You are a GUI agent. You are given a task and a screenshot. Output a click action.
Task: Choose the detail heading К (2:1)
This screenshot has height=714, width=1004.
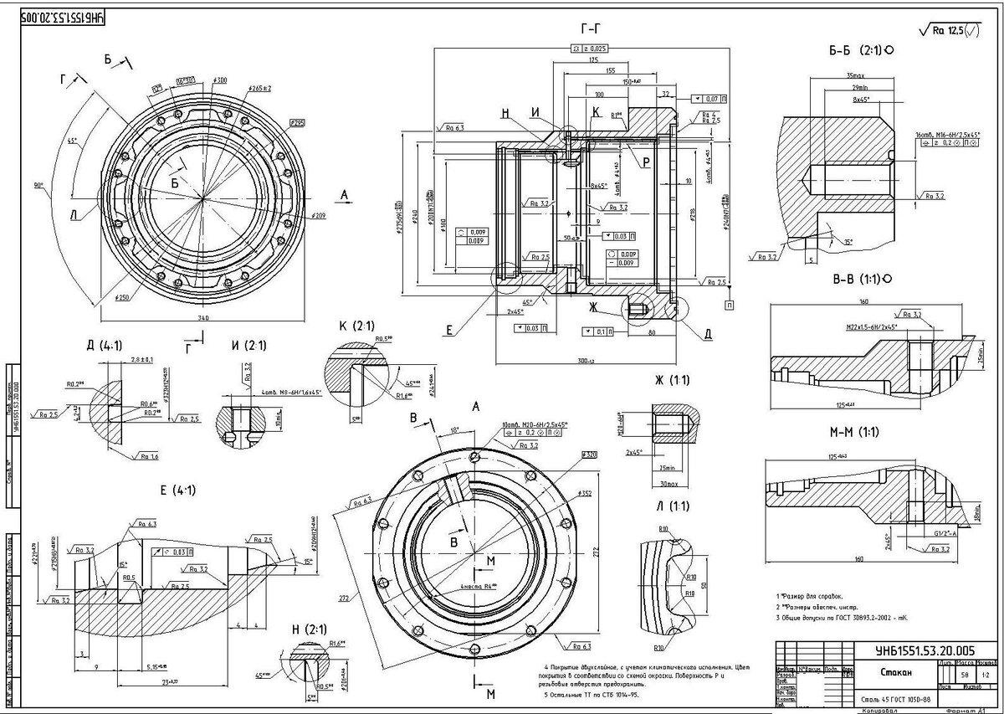pos(356,325)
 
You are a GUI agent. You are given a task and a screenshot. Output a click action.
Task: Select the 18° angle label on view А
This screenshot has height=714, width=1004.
pos(455,429)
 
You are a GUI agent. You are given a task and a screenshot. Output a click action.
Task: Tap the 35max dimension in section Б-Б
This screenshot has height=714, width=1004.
pos(847,74)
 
